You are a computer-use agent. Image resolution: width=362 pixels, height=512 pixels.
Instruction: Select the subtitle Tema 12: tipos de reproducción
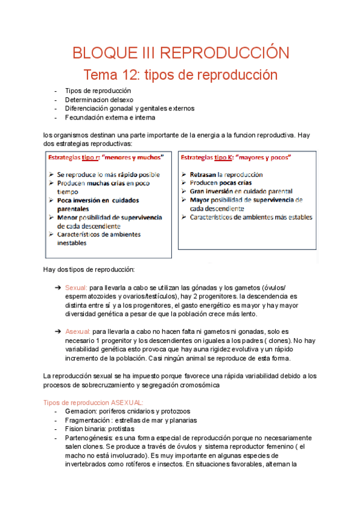180,75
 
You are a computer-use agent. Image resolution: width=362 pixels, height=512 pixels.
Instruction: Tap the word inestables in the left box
72,243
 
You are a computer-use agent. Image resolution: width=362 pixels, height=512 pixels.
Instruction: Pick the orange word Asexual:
78,331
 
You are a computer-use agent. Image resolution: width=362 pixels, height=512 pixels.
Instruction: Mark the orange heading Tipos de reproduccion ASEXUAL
94,402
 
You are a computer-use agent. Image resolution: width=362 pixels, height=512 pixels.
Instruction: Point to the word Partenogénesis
89,438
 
